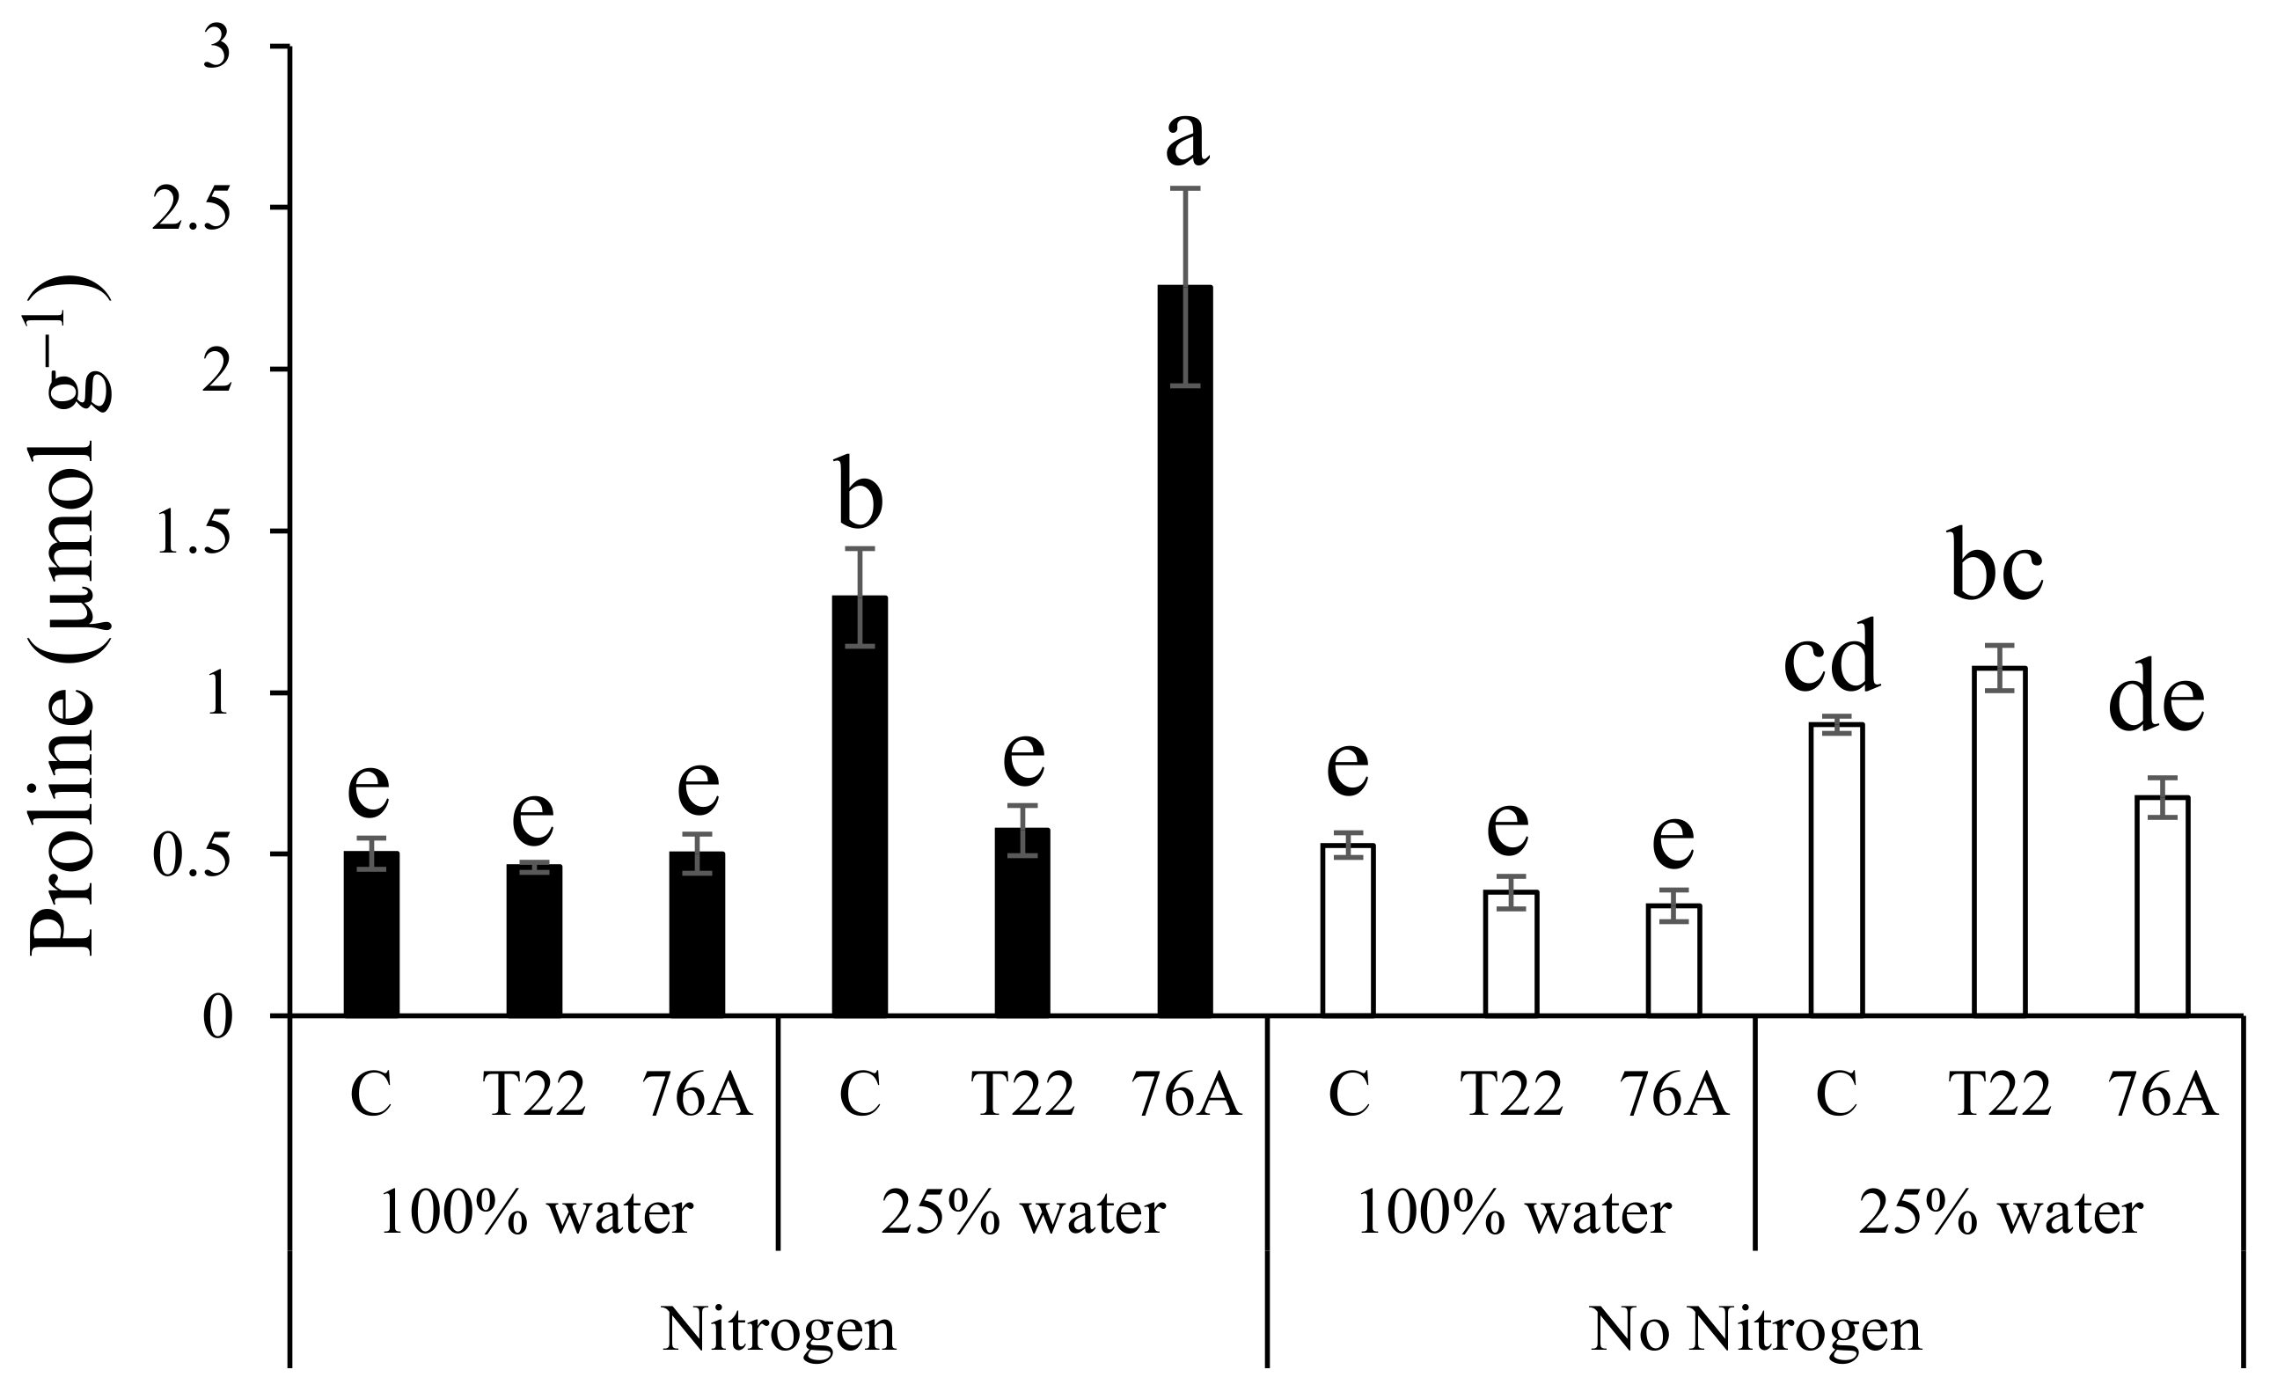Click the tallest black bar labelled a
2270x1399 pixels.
pyautogui.click(x=1185, y=648)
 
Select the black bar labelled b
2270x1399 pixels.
pyautogui.click(x=860, y=805)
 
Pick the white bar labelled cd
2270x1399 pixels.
pyautogui.click(x=1836, y=869)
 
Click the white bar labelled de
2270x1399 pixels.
pyautogui.click(x=2163, y=906)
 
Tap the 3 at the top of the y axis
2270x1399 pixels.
pyautogui.click(x=216, y=48)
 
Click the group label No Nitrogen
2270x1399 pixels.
pyautogui.click(x=1755, y=1330)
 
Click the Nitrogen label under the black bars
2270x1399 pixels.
pyautogui.click(x=779, y=1330)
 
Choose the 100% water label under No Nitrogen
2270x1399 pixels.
pyautogui.click(x=1512, y=1213)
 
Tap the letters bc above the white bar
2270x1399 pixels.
pyautogui.click(x=1997, y=567)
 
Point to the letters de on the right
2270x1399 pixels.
pyautogui.click(x=2156, y=700)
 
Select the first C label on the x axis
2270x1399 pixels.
pyautogui.click(x=372, y=1095)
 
